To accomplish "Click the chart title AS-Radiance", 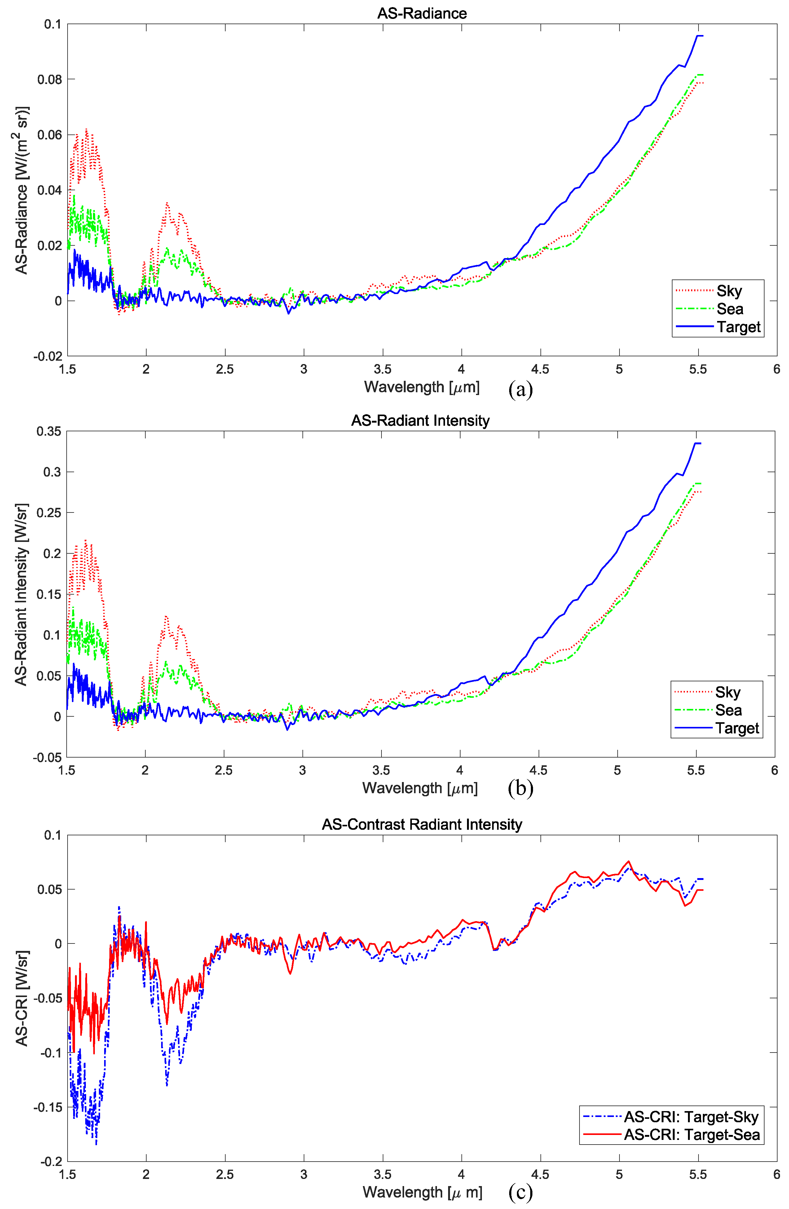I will pos(422,13).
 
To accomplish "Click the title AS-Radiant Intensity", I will pos(420,421).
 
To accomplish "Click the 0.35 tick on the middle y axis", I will pos(48,431).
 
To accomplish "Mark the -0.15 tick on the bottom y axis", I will pos(47,1107).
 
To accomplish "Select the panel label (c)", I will pos(520,1191).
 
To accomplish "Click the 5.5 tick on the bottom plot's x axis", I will pos(698,1175).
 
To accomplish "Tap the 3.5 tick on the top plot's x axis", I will pos(382,369).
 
